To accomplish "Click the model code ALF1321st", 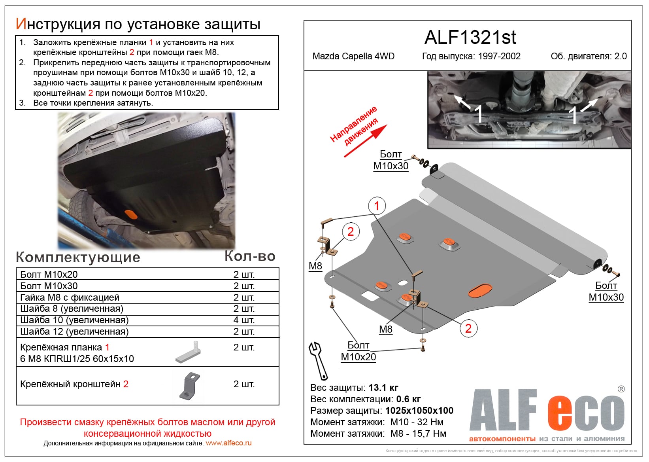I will [x=470, y=38].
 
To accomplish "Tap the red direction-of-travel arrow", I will [x=366, y=141].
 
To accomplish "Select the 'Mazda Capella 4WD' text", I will [x=353, y=56].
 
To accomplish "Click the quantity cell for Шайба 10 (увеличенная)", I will [x=243, y=320].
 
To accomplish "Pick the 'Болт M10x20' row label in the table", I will [x=49, y=275].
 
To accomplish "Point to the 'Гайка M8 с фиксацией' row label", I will [x=70, y=297].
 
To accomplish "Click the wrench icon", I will [x=318, y=360].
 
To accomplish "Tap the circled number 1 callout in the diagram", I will [x=377, y=206].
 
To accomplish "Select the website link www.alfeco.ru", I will [x=228, y=443].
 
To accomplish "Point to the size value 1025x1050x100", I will [x=419, y=411].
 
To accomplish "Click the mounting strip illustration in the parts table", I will [x=188, y=352].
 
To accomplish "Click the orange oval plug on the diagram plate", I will [x=480, y=290].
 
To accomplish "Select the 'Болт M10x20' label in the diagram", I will [x=358, y=351].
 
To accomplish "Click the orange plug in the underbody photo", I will [x=131, y=214].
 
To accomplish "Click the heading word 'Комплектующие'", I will [x=78, y=258].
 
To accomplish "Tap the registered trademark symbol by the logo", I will [x=621, y=389].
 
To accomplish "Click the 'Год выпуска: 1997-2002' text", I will [x=471, y=56].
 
